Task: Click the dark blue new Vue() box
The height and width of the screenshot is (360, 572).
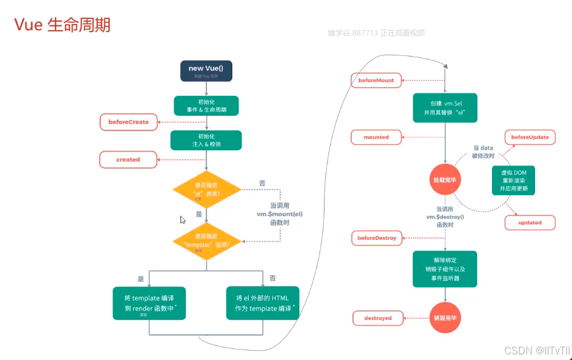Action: pos(206,71)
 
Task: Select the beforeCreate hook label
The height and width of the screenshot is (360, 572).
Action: pos(129,122)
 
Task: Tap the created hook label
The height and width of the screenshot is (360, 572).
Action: pos(128,159)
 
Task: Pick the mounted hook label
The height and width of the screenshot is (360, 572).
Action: pos(376,137)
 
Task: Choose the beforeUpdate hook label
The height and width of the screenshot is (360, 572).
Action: pos(530,137)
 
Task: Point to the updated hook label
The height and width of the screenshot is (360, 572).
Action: pos(530,222)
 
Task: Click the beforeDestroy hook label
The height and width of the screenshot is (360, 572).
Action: pos(377,238)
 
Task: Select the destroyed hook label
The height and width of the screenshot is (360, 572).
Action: pos(377,318)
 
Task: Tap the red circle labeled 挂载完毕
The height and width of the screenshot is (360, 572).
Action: pos(446,180)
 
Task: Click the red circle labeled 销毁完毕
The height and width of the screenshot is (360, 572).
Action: pos(446,318)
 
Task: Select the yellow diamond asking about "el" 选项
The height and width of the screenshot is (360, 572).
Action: pos(206,189)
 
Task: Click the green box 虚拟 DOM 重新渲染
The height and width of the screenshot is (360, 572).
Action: pos(514,180)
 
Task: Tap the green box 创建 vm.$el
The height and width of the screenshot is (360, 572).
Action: pos(445,108)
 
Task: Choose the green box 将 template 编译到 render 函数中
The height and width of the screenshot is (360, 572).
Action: pos(149,303)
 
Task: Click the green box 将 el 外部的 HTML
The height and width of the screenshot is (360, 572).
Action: pos(263,303)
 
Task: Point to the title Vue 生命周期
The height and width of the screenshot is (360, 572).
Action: pos(62,25)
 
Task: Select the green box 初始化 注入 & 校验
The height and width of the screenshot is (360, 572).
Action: pos(206,140)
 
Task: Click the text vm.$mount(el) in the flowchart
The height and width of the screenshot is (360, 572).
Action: pos(280,214)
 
